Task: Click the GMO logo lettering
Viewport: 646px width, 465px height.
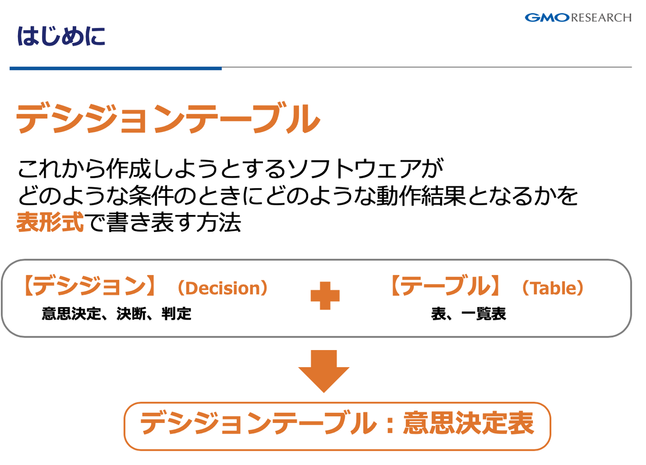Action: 547,18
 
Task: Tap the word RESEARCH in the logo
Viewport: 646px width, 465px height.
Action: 601,18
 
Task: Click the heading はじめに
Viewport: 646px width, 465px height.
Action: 61,36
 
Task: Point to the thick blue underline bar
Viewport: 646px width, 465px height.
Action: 116,68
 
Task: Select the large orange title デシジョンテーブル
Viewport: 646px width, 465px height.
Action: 168,118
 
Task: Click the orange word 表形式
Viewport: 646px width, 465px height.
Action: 50,222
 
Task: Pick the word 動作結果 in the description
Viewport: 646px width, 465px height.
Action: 421,196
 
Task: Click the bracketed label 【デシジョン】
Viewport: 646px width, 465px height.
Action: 89,286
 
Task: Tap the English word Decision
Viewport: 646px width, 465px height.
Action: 223,288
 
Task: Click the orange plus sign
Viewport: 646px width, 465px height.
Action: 325,296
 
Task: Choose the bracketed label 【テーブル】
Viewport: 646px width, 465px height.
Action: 445,286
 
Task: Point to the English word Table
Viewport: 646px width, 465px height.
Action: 553,288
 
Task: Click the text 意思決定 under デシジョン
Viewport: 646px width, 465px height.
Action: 72,314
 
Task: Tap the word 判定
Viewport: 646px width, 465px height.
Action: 176,314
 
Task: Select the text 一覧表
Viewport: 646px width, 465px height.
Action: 484,314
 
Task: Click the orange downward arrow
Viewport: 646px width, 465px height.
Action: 324,371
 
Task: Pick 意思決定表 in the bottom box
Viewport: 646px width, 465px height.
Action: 468,423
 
